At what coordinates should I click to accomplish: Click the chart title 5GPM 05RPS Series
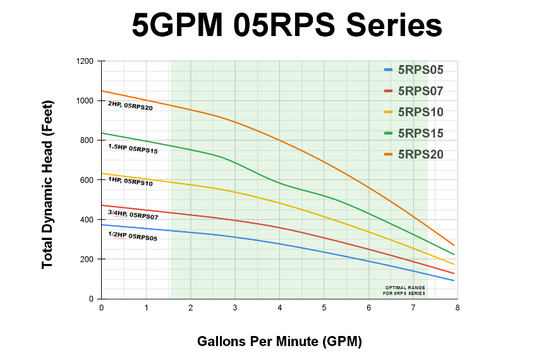coord(286,27)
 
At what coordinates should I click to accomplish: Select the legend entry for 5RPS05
coord(420,70)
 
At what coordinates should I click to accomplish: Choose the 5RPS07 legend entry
coord(420,91)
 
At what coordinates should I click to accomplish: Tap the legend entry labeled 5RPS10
coord(420,112)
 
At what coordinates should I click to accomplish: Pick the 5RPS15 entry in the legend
coord(420,133)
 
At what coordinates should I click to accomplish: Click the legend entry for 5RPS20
coord(420,154)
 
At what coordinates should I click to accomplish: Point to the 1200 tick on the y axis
coord(84,61)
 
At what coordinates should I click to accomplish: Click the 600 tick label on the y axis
coord(86,180)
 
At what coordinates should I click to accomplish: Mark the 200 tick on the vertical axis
coord(86,259)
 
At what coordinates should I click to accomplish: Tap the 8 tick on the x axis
coord(458,308)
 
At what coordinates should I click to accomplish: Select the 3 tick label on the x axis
coord(235,308)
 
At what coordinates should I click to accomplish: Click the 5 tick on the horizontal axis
coord(324,308)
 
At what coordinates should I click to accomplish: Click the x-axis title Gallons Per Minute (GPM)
coord(280,342)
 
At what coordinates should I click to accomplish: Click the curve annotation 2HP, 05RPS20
coord(130,105)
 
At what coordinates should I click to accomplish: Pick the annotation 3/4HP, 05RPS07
coord(133,214)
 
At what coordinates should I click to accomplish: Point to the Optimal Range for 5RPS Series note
coord(404,291)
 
